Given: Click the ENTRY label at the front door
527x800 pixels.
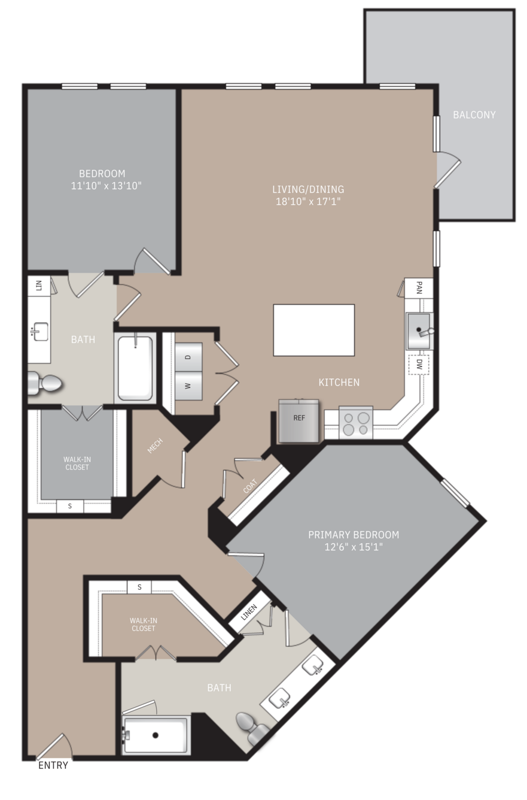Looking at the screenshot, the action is (x=53, y=765).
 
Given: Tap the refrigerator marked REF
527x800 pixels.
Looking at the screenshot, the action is (x=298, y=421).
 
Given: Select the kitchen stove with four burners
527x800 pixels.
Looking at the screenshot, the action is (x=356, y=423).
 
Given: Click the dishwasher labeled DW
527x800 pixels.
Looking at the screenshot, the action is (x=419, y=364).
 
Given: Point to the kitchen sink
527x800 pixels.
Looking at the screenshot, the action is (x=419, y=331).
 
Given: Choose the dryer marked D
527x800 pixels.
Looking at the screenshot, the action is (x=188, y=357).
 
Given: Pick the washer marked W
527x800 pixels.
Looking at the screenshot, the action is (x=188, y=386).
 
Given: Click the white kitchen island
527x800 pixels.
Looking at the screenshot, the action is (x=313, y=330).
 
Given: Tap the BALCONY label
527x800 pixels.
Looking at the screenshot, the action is (x=474, y=114).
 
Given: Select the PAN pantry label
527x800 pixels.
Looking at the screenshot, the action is (x=419, y=287).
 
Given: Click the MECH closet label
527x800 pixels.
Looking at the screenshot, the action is (x=155, y=446).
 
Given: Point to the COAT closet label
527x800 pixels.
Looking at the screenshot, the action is (x=250, y=486).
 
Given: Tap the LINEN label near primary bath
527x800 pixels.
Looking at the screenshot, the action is (x=249, y=612).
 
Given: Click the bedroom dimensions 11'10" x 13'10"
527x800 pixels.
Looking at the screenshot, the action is (x=106, y=186).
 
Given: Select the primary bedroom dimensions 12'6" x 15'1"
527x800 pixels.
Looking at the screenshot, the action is (x=354, y=547).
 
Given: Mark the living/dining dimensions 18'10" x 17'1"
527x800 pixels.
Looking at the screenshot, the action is (x=308, y=201).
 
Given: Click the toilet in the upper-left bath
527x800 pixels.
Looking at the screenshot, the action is (x=45, y=384).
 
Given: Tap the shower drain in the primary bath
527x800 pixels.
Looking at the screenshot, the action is (x=155, y=735).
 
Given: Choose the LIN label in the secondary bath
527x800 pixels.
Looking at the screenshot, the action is (x=39, y=286).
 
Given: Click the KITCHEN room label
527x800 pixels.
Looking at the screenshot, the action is (x=339, y=383).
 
